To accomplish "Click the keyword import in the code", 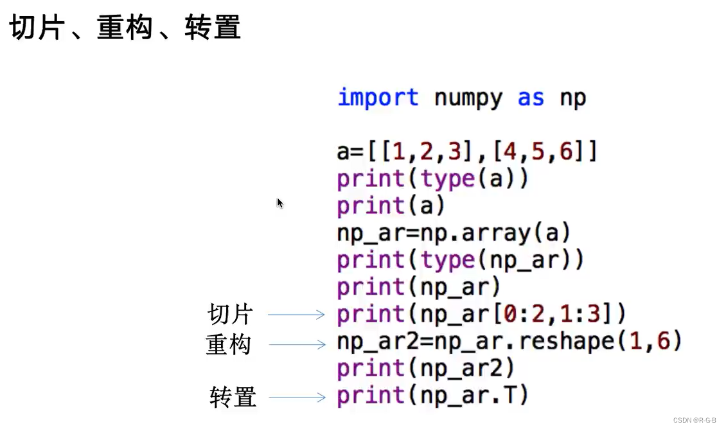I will [x=378, y=98].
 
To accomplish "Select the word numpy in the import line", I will [x=468, y=98].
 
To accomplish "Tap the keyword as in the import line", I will [x=531, y=98].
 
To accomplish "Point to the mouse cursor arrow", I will [x=279, y=202].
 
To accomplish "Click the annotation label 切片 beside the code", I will [x=231, y=315].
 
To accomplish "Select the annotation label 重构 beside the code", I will [x=228, y=345].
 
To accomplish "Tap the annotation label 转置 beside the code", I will [x=233, y=398].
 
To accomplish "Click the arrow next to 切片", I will [x=296, y=315].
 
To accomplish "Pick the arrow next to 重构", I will [x=297, y=345].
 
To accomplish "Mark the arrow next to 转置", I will [x=297, y=398].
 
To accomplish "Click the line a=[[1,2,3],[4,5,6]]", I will [x=467, y=152].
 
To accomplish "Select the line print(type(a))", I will [x=432, y=179].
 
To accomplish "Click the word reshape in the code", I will [x=566, y=341].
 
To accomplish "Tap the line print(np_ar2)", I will [x=426, y=369].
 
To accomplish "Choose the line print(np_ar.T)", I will [x=432, y=396].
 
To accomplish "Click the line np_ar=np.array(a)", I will [x=454, y=233].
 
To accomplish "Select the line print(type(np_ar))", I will [x=460, y=260].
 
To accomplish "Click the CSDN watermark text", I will [x=695, y=420].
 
